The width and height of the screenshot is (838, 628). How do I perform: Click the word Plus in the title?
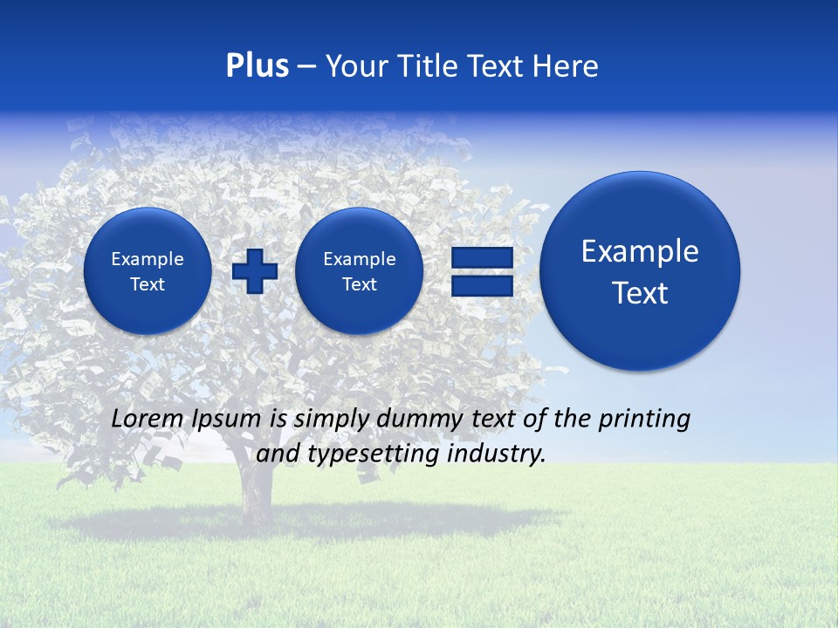(x=257, y=66)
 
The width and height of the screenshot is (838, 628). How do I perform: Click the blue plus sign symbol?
(x=255, y=271)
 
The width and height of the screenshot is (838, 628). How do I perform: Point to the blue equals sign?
(x=481, y=271)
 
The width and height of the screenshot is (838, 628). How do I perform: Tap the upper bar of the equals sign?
(x=481, y=258)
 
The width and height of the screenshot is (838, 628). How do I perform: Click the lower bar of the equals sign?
(x=481, y=286)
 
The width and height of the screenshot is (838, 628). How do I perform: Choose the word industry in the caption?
(x=499, y=454)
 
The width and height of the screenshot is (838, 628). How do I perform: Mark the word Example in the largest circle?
(x=640, y=252)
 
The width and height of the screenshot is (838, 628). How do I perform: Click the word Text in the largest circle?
(x=640, y=293)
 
